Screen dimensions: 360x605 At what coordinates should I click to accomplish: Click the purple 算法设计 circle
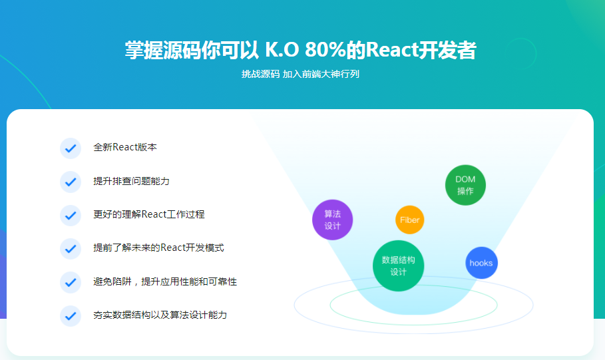[332, 220]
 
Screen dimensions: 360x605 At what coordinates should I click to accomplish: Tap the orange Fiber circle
[410, 220]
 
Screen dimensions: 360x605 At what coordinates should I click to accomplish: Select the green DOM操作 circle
[465, 185]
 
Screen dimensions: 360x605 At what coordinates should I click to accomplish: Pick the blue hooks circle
[481, 263]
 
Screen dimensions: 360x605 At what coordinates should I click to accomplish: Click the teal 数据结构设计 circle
[398, 266]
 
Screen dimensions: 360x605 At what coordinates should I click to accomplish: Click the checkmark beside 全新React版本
[70, 148]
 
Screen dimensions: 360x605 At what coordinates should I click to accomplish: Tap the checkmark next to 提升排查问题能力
[70, 182]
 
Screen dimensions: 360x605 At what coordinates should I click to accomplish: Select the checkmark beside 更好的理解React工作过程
[70, 215]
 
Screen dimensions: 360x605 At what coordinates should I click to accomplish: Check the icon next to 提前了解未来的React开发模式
[70, 248]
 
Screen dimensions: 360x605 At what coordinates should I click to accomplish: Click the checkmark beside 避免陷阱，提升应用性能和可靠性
[70, 282]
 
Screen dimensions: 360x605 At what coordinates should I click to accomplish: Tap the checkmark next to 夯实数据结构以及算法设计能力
[70, 315]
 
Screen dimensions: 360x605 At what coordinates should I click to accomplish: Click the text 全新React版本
[125, 148]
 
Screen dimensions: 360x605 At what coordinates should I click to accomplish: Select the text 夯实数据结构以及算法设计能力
[160, 315]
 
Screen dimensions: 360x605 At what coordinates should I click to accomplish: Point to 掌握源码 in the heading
[153, 50]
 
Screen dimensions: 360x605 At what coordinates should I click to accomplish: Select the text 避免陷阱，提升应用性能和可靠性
[164, 281]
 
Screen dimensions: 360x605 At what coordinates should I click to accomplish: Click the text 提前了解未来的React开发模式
[158, 248]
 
